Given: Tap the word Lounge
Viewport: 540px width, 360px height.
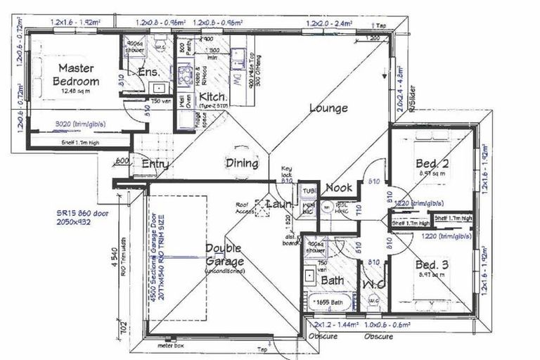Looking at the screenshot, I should pos(328,108).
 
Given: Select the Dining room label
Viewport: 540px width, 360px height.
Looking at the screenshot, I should pos(242,163).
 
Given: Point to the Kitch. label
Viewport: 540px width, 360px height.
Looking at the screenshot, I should pos(212,96).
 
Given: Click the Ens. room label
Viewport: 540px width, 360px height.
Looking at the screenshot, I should pos(148,73).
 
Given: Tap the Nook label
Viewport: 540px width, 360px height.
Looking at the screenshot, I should pos(338,188).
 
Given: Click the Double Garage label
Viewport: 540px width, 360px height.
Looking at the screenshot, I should pos(224,255).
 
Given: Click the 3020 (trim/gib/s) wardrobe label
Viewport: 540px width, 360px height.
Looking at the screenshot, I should pos(80,124).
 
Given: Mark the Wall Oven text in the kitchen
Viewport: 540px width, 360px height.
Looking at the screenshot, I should pos(181,104).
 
